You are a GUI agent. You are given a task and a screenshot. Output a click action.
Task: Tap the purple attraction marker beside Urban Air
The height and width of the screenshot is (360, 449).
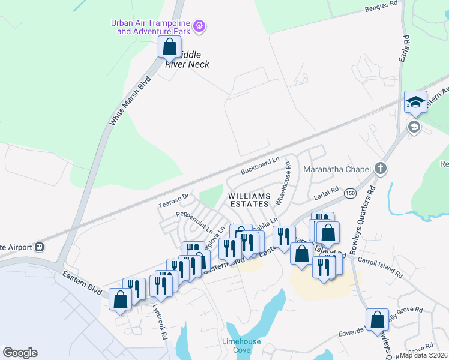200,27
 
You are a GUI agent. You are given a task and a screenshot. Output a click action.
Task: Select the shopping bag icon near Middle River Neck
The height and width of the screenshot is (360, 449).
170,46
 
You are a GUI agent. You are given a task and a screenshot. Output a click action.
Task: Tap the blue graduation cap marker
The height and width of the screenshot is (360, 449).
415,101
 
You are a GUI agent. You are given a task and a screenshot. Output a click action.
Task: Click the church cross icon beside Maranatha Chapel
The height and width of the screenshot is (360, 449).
380,169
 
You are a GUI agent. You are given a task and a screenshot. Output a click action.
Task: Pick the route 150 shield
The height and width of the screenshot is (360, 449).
349,192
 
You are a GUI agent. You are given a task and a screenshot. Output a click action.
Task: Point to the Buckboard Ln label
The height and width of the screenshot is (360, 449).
261,166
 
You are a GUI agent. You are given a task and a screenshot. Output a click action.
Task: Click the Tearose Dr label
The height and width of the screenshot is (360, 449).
173,200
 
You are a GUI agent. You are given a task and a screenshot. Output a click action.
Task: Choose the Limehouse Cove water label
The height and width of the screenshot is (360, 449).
241,345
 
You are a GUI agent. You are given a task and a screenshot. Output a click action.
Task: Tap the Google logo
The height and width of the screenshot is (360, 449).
20,352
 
